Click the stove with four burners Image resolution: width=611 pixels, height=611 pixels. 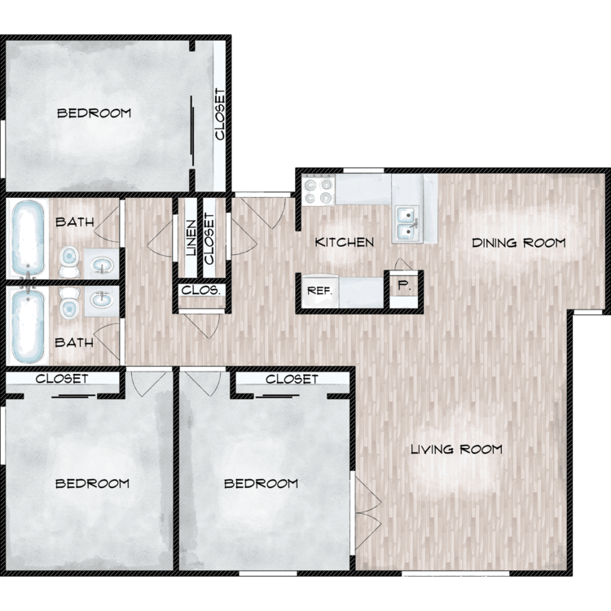(x=319, y=189)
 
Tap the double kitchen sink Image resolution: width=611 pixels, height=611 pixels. (x=407, y=223)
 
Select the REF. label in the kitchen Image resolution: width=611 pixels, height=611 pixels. (x=319, y=291)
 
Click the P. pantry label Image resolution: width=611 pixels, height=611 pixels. (x=404, y=286)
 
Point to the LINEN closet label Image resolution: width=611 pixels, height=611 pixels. (x=191, y=238)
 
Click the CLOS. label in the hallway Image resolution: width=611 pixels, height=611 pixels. (x=201, y=290)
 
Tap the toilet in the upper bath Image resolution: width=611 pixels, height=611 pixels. (x=69, y=262)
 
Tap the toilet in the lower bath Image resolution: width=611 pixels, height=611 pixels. (x=69, y=302)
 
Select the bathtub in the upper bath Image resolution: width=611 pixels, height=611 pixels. (x=28, y=239)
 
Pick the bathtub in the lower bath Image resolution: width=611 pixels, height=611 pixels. (x=28, y=325)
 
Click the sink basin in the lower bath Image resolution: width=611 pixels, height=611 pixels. (x=102, y=300)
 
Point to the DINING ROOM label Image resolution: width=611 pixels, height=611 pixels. (x=519, y=243)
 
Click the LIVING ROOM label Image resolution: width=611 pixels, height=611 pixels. (x=457, y=449)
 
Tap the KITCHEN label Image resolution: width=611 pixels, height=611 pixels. (x=345, y=242)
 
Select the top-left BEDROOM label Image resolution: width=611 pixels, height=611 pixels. (x=94, y=113)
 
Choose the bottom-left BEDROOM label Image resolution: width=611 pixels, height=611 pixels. (x=92, y=484)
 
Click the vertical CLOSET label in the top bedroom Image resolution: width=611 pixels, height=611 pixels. (x=220, y=114)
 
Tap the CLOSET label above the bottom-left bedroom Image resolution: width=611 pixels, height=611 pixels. (x=62, y=378)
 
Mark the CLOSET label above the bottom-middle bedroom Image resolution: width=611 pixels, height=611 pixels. (x=292, y=379)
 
